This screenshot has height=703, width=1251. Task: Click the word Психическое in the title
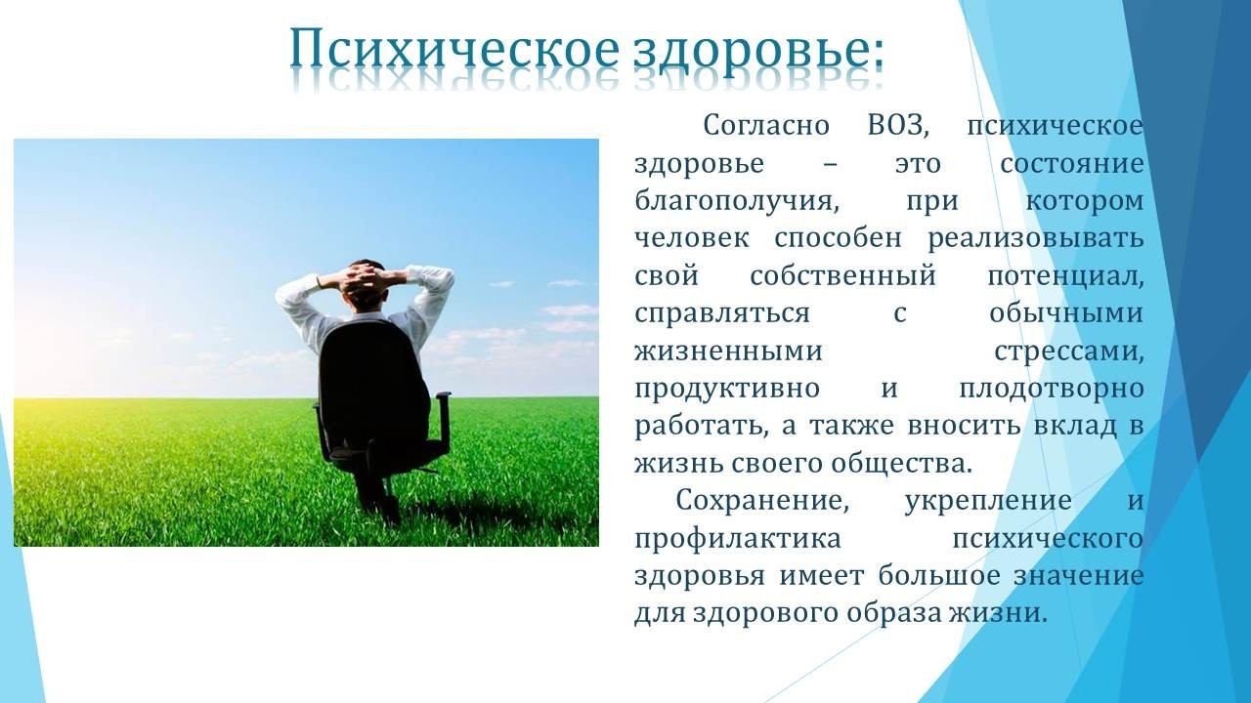(454, 52)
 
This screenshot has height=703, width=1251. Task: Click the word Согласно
(766, 126)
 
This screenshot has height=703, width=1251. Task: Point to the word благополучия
(737, 202)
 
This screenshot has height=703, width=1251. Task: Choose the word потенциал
(1065, 276)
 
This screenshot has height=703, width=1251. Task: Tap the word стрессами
(1069, 352)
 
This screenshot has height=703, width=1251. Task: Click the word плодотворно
(1052, 390)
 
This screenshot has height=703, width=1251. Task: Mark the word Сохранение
(762, 501)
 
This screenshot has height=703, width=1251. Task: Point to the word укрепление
(988, 502)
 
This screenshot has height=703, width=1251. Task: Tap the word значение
(1078, 576)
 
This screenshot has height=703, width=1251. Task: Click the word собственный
(842, 276)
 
